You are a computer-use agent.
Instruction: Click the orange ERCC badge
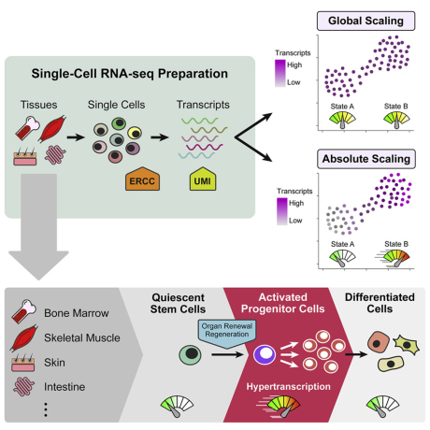(142, 179)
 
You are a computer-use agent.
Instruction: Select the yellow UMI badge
(203, 179)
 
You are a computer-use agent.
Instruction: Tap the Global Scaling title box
(365, 21)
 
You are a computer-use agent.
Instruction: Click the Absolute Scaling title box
(366, 159)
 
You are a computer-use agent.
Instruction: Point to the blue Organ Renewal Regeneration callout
(227, 333)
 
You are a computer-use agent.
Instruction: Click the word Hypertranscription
(288, 387)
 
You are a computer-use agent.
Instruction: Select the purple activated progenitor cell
(265, 354)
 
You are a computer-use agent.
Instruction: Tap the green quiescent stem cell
(190, 354)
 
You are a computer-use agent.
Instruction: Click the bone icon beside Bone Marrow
(23, 311)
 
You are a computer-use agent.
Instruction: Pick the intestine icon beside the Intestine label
(23, 386)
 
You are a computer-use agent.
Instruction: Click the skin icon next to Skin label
(23, 363)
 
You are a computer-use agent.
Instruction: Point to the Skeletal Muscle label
(82, 337)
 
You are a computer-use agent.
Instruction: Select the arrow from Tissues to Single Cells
(76, 137)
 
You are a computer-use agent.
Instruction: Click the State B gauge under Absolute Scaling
(395, 258)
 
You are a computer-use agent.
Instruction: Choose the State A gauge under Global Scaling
(342, 120)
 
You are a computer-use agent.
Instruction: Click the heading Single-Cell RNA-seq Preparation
(130, 74)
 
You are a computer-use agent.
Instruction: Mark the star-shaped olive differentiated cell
(407, 345)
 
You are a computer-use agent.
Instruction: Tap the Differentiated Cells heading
(380, 303)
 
